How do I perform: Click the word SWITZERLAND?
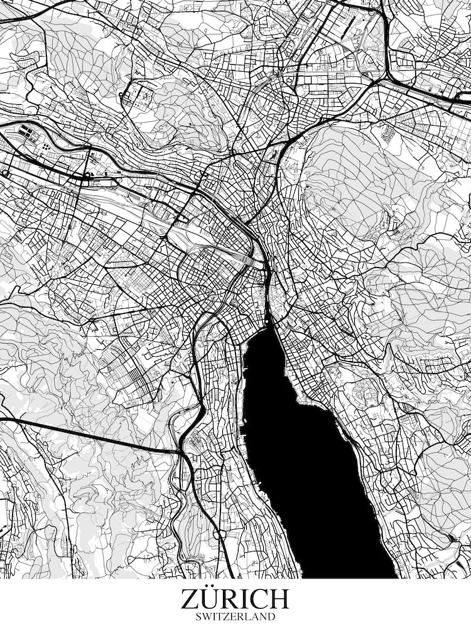tap(235, 617)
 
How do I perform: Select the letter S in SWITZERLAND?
tap(199, 617)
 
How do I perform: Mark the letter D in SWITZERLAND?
tap(271, 617)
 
